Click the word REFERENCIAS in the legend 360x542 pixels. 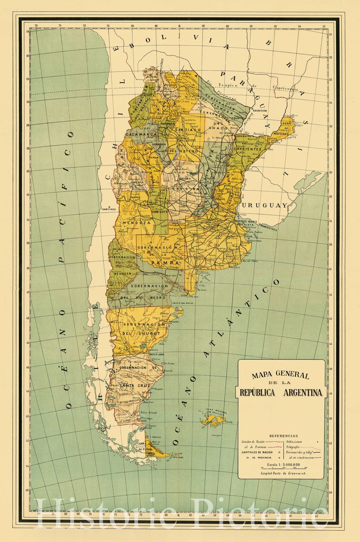click(x=283, y=436)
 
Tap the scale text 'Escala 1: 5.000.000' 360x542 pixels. click(x=283, y=464)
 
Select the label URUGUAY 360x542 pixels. click(x=264, y=205)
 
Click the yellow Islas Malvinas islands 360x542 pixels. click(x=212, y=420)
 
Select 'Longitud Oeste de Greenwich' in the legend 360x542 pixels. click(x=283, y=473)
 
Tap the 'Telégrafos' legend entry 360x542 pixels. click(x=293, y=447)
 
